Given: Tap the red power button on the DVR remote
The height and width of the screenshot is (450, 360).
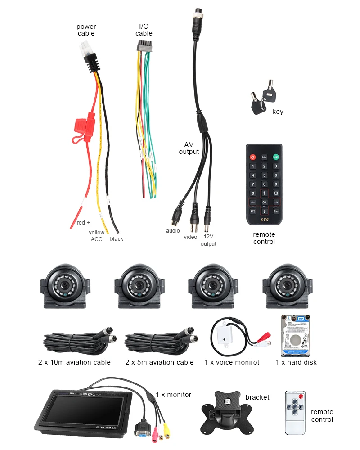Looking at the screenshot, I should pyautogui.click(x=253, y=157).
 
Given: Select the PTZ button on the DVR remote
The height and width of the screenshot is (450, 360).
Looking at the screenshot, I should pyautogui.click(x=253, y=211).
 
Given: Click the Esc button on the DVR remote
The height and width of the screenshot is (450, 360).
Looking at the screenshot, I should pyautogui.click(x=276, y=211).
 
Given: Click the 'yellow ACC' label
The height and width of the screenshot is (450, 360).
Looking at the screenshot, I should pyautogui.click(x=97, y=236).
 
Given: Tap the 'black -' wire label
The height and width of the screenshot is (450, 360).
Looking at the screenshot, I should pyautogui.click(x=118, y=238).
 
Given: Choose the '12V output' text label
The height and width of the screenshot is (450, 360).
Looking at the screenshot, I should pyautogui.click(x=208, y=240).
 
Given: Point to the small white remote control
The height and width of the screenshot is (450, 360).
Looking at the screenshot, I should pyautogui.click(x=295, y=412).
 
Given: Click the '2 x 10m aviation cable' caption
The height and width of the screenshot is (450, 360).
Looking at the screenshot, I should pyautogui.click(x=74, y=362).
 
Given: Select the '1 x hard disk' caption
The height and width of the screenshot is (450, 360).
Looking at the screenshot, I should pyautogui.click(x=296, y=362).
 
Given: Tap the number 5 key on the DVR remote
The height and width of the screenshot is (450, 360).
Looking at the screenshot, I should pyautogui.click(x=265, y=175).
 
